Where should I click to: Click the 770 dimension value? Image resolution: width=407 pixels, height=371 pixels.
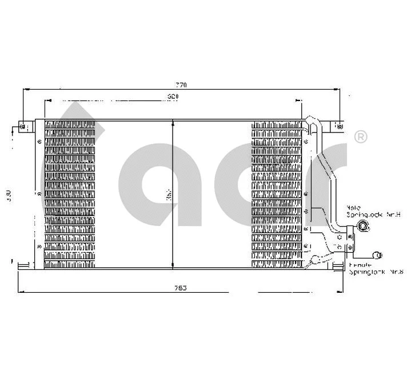tap(181, 84)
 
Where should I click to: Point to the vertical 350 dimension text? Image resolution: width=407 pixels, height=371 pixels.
tap(168, 195)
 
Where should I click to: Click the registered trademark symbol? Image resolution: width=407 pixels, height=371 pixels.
tap(361, 136)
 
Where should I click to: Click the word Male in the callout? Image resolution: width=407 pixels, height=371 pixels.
tap(354, 208)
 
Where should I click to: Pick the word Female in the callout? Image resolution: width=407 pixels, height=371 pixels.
tap(360, 265)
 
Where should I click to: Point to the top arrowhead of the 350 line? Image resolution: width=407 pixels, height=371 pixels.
tap(173, 123)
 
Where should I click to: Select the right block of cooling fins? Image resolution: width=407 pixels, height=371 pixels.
tap(276, 194)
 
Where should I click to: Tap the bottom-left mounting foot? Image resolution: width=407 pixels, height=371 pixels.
tap(23, 264)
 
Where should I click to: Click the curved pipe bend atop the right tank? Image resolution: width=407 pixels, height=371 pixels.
tap(312, 122)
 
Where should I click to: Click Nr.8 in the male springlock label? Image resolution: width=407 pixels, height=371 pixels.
tap(393, 215)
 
